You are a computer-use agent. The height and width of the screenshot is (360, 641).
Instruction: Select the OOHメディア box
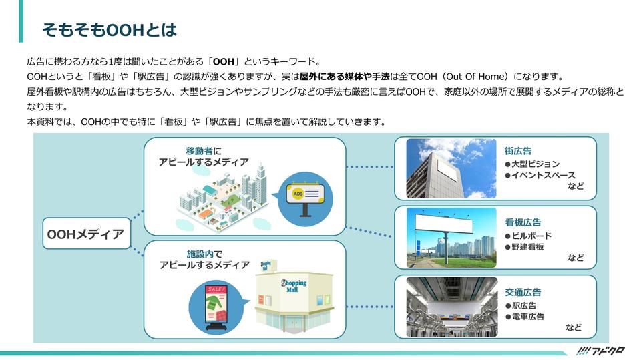pos(86,234)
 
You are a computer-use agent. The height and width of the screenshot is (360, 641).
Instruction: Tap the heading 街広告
pos(518,151)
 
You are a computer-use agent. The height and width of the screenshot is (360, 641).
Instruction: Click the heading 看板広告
pos(523,222)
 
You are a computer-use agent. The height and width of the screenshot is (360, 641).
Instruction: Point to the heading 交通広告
pos(523,292)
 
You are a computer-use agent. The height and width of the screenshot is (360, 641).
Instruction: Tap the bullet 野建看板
pos(527,247)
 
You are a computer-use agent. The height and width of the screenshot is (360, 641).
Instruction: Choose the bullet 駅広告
pos(523,305)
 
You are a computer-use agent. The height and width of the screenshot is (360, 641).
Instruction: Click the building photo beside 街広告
pos(451,168)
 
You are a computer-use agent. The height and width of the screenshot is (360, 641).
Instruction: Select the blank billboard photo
pos(451,238)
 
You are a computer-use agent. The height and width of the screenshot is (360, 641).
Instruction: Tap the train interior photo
pos(451,307)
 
